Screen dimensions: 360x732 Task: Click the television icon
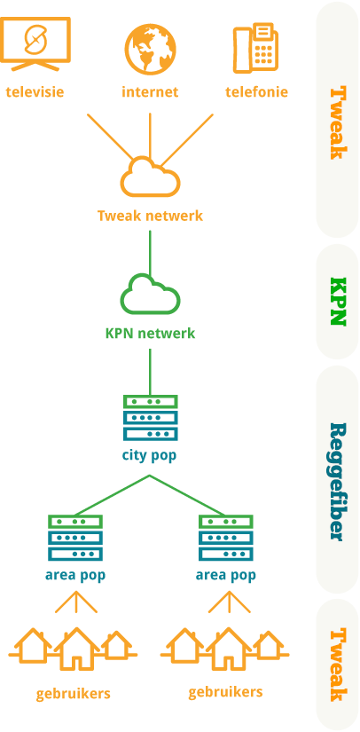[x=35, y=43]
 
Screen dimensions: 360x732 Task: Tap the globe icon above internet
[x=150, y=50]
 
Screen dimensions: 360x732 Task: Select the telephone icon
[x=255, y=48]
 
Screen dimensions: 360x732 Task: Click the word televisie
[x=35, y=91]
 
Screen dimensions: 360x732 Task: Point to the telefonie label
[x=256, y=91]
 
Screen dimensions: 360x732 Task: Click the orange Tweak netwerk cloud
[x=150, y=177]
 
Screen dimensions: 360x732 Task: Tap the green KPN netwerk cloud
[x=150, y=295]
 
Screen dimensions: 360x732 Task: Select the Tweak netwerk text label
[x=150, y=216]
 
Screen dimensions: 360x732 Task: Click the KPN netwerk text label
[x=150, y=334]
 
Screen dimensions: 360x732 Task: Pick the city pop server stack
[x=150, y=418]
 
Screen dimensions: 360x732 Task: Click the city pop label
[x=150, y=455]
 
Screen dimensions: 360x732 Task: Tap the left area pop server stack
[x=75, y=538]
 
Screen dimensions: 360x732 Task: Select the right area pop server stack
[x=226, y=538]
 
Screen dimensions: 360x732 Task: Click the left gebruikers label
[x=74, y=694]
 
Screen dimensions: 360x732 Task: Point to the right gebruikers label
[x=226, y=692]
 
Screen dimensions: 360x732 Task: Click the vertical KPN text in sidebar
[x=338, y=302]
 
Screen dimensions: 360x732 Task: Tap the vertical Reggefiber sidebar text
[x=338, y=482]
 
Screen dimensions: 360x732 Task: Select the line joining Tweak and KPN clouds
[x=150, y=253]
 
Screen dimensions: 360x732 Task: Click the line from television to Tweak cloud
[x=110, y=137]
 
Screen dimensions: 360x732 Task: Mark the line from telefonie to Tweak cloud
[x=187, y=139]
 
